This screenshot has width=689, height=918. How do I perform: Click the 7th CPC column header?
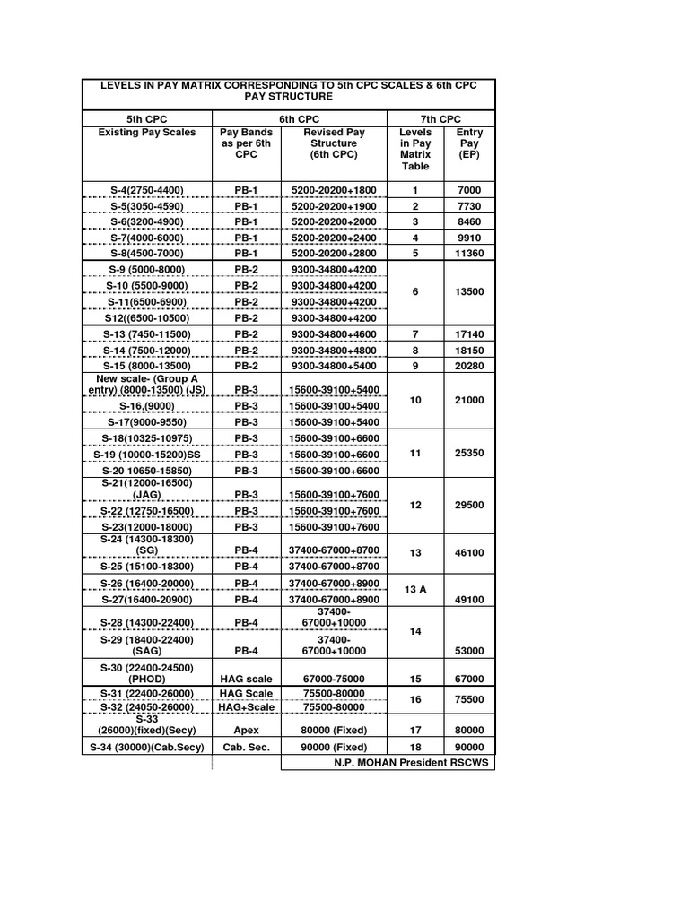tap(440, 119)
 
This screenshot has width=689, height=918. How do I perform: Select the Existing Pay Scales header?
tap(147, 133)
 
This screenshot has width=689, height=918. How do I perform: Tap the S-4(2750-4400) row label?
tap(147, 190)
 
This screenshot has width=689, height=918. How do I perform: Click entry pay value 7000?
tap(469, 190)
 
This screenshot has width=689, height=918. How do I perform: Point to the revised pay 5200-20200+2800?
tap(333, 254)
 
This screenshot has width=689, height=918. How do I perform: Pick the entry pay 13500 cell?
tap(469, 292)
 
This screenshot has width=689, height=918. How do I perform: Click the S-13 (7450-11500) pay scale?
tap(147, 334)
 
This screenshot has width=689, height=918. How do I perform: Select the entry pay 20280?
tap(469, 367)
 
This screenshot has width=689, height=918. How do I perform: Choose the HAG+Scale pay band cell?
tap(246, 707)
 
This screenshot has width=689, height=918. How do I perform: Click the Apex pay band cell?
tap(246, 731)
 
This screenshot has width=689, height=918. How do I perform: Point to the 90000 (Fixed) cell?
tap(333, 748)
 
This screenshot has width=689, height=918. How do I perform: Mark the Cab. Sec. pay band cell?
tap(246, 748)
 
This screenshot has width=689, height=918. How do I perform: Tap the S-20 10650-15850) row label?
tap(147, 471)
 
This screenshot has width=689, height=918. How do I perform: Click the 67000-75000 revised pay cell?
tap(333, 680)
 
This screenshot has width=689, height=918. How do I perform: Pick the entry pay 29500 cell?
tap(469, 506)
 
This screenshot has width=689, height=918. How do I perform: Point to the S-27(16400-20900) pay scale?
tap(147, 599)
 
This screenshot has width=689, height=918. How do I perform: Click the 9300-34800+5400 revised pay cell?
tap(333, 367)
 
